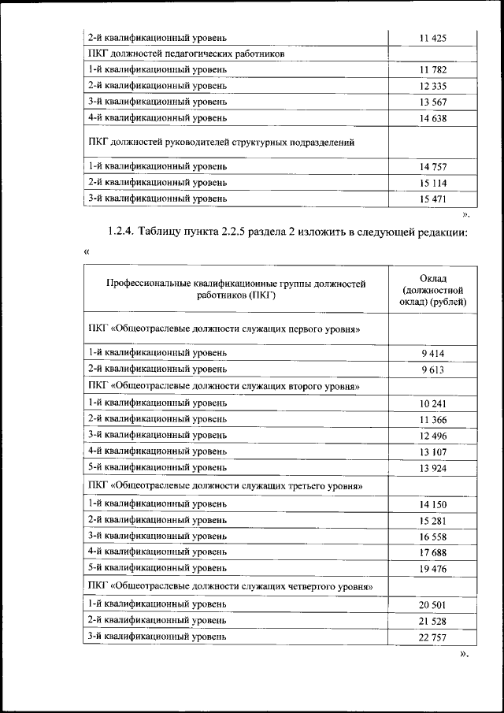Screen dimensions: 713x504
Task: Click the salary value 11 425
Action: pos(433,37)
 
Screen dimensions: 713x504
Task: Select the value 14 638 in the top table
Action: pos(433,117)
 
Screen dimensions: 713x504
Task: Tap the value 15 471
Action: pos(433,199)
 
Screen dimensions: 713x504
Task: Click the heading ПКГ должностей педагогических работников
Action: pos(187,54)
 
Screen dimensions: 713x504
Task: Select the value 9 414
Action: pos(433,353)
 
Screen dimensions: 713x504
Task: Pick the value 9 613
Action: pos(433,369)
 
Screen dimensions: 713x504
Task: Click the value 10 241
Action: pos(433,403)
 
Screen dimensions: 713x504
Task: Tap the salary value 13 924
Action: pos(433,469)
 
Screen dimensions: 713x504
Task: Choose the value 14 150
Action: pos(433,503)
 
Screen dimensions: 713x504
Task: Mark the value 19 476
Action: pos(433,567)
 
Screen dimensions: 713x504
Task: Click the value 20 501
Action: pos(433,603)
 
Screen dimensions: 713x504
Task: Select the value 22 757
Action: pos(433,637)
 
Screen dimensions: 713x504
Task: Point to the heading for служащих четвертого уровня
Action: pos(230,587)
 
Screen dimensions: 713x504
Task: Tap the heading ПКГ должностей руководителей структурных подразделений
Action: pos(221,143)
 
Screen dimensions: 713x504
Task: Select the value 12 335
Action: pos(433,85)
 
